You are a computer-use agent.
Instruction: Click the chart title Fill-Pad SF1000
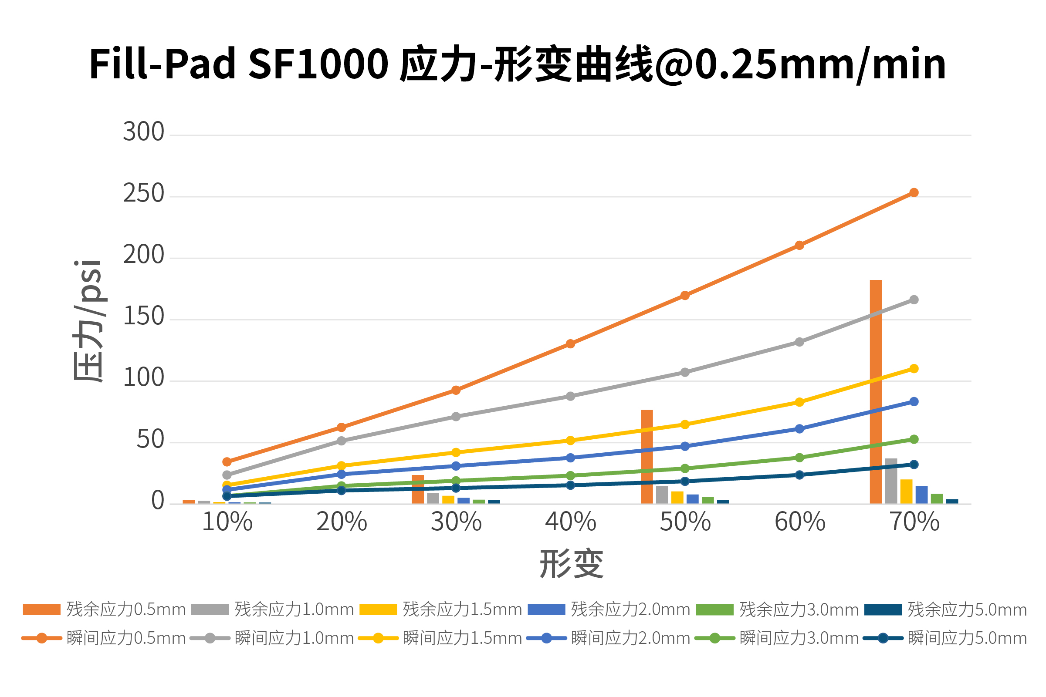coord(518,65)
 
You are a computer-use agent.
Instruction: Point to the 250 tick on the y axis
coord(144,194)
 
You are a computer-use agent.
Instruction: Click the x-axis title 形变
coord(572,564)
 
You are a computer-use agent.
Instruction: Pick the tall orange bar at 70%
coord(876,391)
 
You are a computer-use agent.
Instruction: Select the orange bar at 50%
coord(647,457)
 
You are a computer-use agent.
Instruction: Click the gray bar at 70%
coord(891,481)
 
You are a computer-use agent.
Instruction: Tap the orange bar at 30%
coord(418,489)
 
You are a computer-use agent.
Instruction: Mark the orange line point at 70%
coord(914,192)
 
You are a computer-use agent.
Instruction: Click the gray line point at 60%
coord(799,342)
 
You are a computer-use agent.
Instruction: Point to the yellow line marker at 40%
coord(571,441)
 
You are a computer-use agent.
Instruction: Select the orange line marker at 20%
coord(342,427)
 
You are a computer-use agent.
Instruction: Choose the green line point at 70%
coord(914,439)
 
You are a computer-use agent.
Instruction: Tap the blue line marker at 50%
coord(685,446)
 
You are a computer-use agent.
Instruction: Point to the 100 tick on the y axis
coord(144,378)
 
